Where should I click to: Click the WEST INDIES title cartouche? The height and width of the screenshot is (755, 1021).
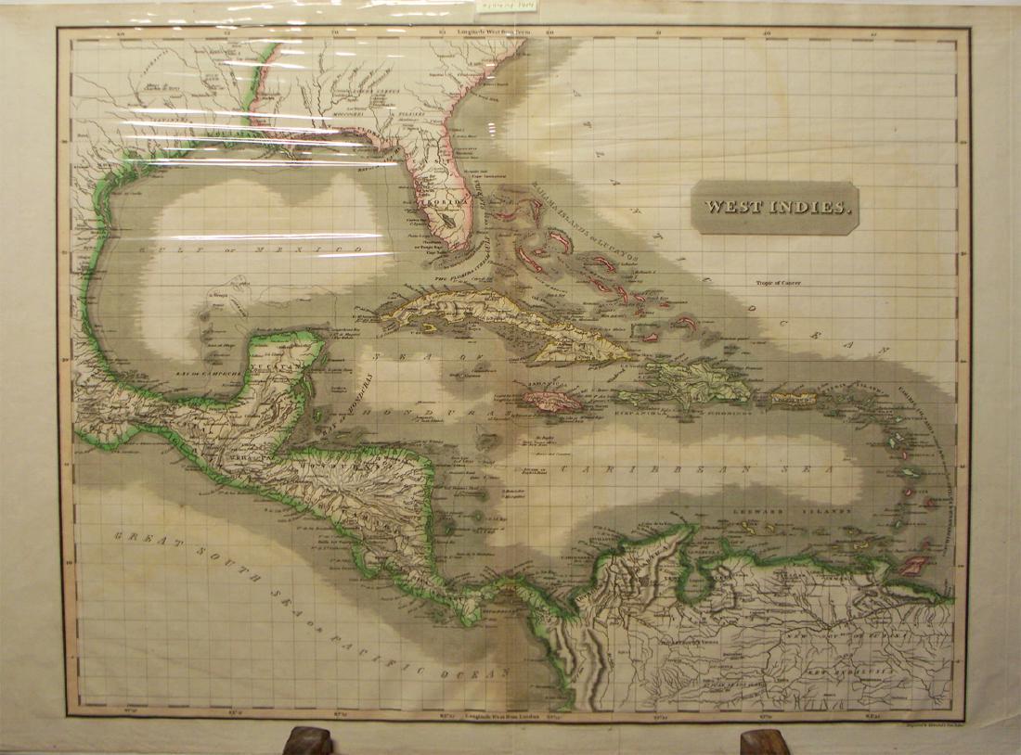coord(775,208)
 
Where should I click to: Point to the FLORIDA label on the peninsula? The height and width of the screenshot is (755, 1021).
coord(436,198)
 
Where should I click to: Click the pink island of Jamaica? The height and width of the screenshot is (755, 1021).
coord(552,400)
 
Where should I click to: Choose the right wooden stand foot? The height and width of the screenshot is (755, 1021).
coord(765,741)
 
